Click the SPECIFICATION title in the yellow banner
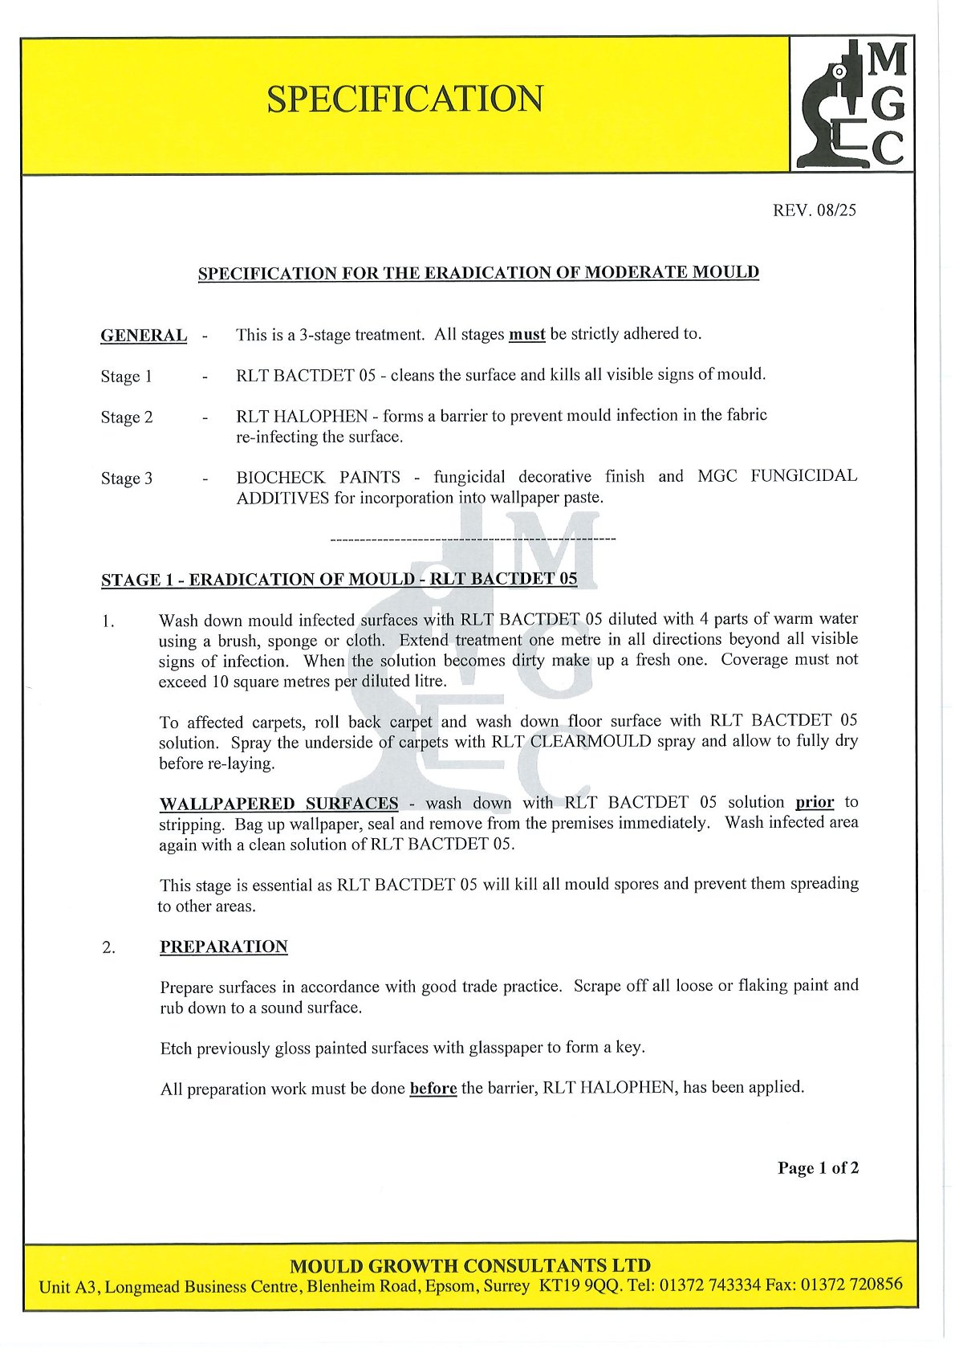point(404,99)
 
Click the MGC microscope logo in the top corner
point(852,104)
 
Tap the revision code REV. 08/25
point(815,210)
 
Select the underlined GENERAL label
point(144,336)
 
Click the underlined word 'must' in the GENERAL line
point(526,334)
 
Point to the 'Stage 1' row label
point(126,377)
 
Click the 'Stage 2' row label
point(126,417)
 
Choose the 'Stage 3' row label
point(126,478)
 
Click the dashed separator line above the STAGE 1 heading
point(473,538)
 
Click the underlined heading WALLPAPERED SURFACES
point(278,804)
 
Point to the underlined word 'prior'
point(814,802)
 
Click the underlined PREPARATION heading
point(223,947)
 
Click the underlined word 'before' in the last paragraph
point(433,1089)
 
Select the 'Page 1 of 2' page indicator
point(817,1168)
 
